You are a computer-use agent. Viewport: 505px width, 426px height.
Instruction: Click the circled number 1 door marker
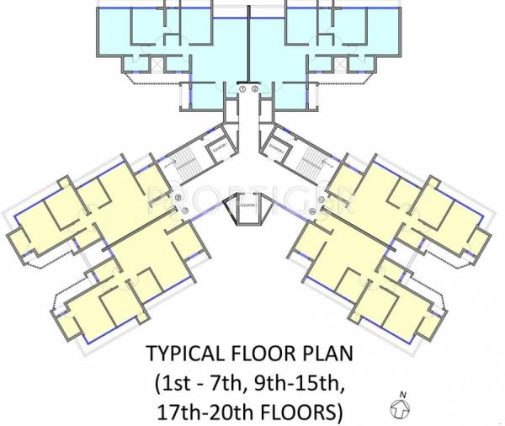tap(242, 88)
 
